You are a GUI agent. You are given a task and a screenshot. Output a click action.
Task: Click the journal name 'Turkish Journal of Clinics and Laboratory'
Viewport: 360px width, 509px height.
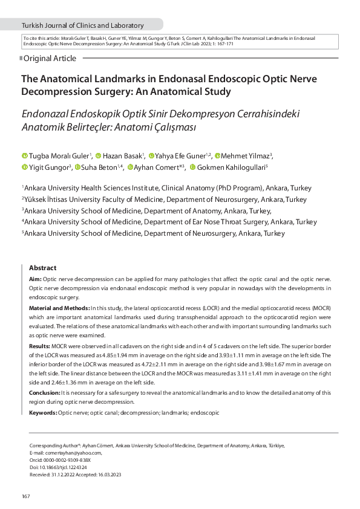[x=83, y=25]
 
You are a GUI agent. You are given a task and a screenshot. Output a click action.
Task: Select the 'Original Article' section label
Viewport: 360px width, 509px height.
[x=50, y=59]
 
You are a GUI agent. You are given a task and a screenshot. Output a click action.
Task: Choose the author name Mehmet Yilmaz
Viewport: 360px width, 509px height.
[x=246, y=156]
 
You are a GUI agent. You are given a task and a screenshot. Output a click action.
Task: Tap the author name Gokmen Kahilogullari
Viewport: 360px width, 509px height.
[x=231, y=167]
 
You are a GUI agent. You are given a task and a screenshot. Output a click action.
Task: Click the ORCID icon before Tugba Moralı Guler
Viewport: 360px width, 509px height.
[x=25, y=157]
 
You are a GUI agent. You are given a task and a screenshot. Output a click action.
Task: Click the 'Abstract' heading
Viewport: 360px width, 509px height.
[x=43, y=268]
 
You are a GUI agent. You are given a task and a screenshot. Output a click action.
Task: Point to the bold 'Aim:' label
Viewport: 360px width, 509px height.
[x=35, y=279]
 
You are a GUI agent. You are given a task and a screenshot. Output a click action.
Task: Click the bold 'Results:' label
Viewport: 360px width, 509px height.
[x=40, y=346]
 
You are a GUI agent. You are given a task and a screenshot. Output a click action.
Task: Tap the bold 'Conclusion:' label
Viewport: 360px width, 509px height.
[x=45, y=393]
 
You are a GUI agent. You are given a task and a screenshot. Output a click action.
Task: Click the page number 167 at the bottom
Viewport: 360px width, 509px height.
[x=26, y=496]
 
